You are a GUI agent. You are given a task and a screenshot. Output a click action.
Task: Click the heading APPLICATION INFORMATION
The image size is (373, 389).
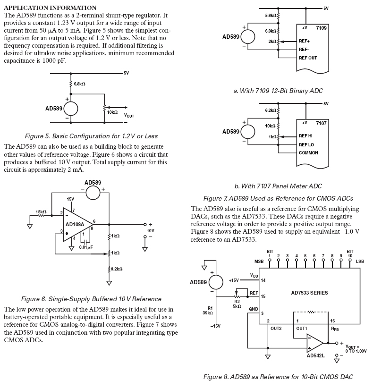[x=50, y=8]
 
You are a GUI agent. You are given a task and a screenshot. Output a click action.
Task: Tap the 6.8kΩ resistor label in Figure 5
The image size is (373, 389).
[x=79, y=84]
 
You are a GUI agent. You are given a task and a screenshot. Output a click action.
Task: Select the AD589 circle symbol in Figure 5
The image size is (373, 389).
[x=71, y=109]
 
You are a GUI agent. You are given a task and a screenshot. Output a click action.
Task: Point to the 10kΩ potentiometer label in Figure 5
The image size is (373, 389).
[x=112, y=112]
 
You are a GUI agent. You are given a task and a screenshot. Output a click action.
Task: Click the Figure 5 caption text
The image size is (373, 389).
[x=91, y=136]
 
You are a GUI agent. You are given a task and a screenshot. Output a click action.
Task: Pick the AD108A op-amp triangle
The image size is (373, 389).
[x=78, y=225]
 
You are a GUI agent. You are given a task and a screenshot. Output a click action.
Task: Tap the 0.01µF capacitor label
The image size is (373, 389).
[x=86, y=247]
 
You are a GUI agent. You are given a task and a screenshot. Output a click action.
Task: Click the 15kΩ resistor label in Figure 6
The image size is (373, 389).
[x=41, y=212]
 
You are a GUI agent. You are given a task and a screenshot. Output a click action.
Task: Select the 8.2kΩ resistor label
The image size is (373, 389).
[x=117, y=269]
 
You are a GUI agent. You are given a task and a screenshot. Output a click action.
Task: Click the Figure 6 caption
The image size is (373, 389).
[x=91, y=299]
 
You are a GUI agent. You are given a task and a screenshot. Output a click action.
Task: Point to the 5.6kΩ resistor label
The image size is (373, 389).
[x=271, y=16]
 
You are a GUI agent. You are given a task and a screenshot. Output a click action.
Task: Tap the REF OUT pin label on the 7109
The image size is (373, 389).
[x=308, y=58]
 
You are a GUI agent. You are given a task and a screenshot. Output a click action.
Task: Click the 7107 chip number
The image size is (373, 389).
[x=321, y=123]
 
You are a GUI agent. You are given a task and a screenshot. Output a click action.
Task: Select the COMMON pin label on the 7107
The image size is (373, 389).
[x=308, y=153]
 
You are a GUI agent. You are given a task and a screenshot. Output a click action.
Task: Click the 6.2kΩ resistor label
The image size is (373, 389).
[x=271, y=110]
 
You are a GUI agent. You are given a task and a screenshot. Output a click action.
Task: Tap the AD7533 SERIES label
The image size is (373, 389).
[x=309, y=293]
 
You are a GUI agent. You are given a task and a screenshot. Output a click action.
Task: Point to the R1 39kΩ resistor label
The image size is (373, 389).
[x=208, y=311]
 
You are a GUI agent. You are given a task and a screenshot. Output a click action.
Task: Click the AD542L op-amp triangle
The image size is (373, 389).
[x=315, y=343]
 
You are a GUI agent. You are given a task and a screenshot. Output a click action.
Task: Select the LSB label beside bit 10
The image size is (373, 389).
[x=360, y=262]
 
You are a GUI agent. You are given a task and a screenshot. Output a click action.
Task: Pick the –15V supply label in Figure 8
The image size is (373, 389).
[x=215, y=326]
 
